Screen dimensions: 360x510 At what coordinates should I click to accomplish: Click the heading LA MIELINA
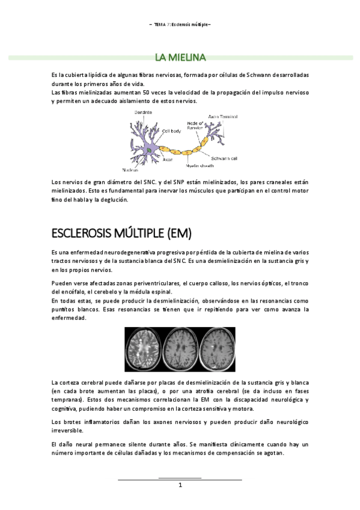pyautogui.click(x=180, y=58)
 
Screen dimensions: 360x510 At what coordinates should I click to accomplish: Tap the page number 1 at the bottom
pyautogui.click(x=180, y=485)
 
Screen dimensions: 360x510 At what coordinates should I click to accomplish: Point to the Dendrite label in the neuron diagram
pyautogui.click(x=142, y=112)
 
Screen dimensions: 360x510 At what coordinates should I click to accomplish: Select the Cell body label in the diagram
pyautogui.click(x=171, y=130)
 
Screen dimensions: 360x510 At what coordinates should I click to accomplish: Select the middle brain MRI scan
pyautogui.click(x=180, y=350)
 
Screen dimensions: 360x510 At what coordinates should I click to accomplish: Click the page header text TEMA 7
pyautogui.click(x=161, y=25)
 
